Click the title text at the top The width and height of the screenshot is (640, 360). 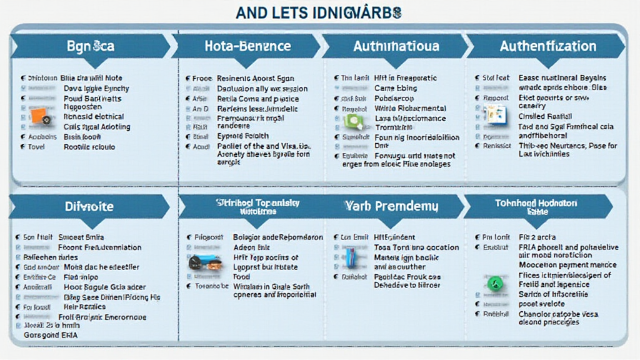319,12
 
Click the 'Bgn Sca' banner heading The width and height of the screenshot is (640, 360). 90,46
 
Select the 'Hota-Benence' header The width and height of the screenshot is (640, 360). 247,46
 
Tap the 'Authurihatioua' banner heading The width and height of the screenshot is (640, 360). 396,46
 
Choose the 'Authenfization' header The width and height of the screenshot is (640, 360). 547,46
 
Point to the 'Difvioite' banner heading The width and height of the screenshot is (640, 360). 89,206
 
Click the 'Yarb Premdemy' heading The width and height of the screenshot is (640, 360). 391,206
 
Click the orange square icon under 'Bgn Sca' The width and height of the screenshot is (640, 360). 38,115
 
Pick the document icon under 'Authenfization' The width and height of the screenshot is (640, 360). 496,115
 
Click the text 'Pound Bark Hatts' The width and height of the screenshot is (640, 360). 92,98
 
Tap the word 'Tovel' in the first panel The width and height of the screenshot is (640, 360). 36,147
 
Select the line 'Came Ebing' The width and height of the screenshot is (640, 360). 395,88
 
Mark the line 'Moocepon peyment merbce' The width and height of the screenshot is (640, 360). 567,265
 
